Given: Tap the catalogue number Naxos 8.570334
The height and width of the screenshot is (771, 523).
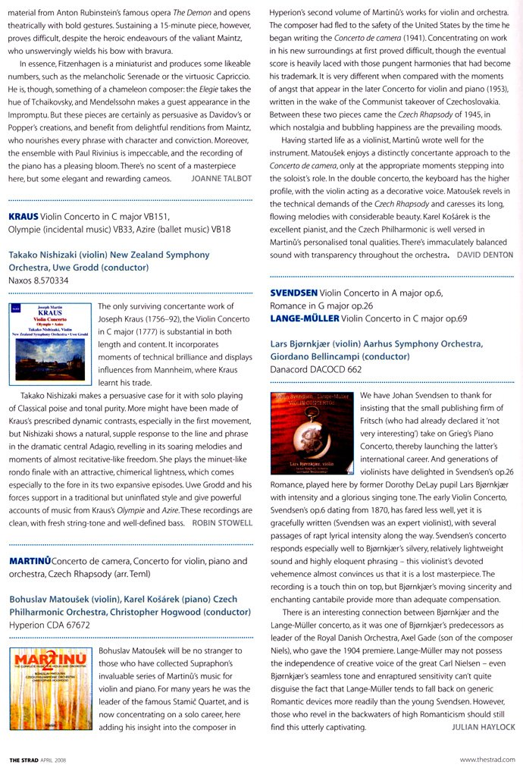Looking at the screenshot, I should pyautogui.click(x=38, y=280).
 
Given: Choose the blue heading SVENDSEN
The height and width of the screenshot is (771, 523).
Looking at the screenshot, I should pyautogui.click(x=294, y=293).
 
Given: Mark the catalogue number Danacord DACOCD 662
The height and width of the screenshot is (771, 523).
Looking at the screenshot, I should pyautogui.click(x=316, y=369).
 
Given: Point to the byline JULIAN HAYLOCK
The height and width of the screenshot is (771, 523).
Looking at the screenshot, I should pyautogui.click(x=483, y=727).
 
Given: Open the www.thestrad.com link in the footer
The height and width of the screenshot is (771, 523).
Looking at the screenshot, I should pyautogui.click(x=487, y=759).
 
